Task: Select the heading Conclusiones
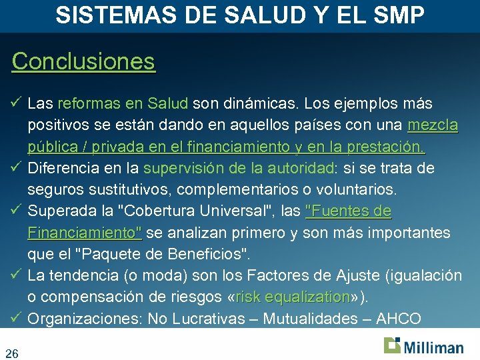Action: [83, 61]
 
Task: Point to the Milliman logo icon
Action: [392, 345]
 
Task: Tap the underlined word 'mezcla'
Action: [433, 125]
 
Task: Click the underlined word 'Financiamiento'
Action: [84, 233]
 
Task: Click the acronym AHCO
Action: [399, 319]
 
